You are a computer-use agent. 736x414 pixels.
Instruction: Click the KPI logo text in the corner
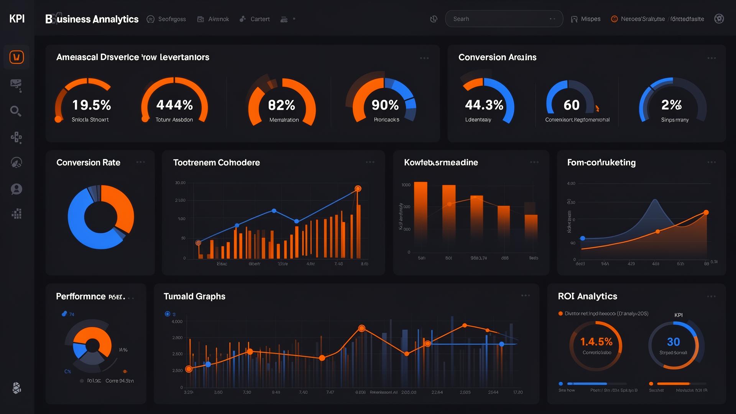tap(17, 19)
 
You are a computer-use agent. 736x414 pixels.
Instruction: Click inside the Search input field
tap(498, 19)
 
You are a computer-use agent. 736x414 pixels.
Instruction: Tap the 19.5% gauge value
tap(92, 105)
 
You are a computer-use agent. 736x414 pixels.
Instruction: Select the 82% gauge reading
tap(281, 105)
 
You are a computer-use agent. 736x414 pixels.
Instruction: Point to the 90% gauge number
tap(385, 105)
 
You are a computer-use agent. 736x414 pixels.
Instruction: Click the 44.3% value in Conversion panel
tap(484, 105)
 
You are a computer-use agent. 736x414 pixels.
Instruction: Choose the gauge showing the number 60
tap(571, 105)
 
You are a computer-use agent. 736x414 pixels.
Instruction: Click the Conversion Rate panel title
tap(88, 163)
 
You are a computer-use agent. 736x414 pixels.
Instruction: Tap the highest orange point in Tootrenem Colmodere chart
tap(358, 189)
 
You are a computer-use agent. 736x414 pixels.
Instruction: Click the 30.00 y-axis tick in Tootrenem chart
tap(180, 183)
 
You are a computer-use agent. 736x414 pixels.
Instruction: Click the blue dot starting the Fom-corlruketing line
tap(583, 238)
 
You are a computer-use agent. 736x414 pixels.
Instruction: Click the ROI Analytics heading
tap(587, 296)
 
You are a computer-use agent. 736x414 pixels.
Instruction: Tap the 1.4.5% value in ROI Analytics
tap(596, 342)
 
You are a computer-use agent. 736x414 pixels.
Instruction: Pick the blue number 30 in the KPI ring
tap(673, 342)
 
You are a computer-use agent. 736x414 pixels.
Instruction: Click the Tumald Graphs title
tap(194, 296)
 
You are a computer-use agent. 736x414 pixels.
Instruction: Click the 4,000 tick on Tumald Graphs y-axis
tap(177, 322)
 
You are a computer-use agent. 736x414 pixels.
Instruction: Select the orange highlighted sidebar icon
tap(16, 58)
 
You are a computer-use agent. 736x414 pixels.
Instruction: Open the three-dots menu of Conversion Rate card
tap(141, 162)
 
